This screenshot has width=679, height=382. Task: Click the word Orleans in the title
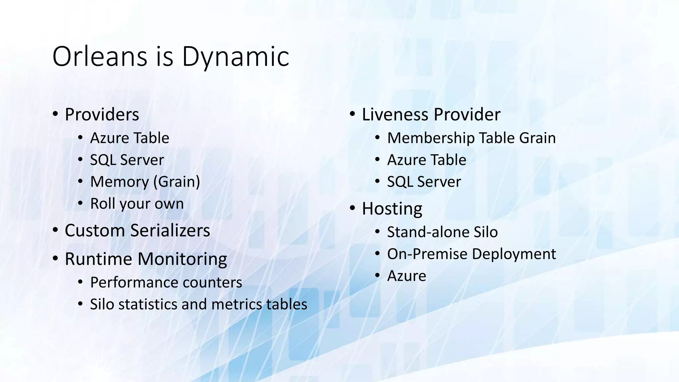pyautogui.click(x=99, y=56)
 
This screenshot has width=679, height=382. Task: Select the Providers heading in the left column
pyautogui.click(x=102, y=115)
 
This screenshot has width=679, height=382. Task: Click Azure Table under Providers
pyautogui.click(x=130, y=138)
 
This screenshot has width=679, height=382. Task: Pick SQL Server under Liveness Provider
pyautogui.click(x=424, y=182)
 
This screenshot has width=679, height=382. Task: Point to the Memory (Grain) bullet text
pyautogui.click(x=145, y=182)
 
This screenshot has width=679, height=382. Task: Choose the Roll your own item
pyautogui.click(x=137, y=204)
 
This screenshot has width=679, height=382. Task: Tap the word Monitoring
pyautogui.click(x=182, y=259)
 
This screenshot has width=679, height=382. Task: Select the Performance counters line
pyautogui.click(x=166, y=283)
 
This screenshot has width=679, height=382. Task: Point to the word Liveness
pyautogui.click(x=396, y=115)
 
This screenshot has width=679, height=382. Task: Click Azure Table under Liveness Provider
pyautogui.click(x=427, y=160)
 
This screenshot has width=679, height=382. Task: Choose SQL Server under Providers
pyautogui.click(x=127, y=160)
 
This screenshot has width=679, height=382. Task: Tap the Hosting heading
pyautogui.click(x=392, y=209)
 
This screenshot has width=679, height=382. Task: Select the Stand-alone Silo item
pyautogui.click(x=442, y=232)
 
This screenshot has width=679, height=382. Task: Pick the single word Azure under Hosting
pyautogui.click(x=406, y=276)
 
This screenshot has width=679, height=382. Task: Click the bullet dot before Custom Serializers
pyautogui.click(x=55, y=230)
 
